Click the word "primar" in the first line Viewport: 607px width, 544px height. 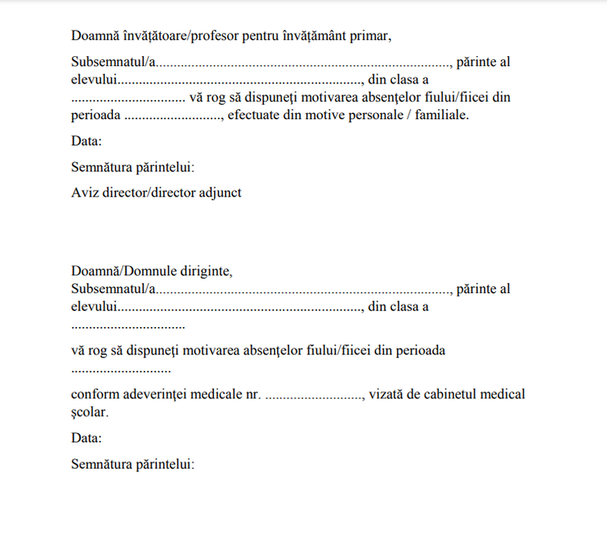click(369, 35)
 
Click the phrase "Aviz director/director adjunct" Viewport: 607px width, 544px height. click(156, 193)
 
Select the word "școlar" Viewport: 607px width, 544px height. click(90, 413)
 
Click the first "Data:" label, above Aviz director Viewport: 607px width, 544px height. click(86, 141)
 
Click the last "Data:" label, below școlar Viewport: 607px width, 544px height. click(86, 438)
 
